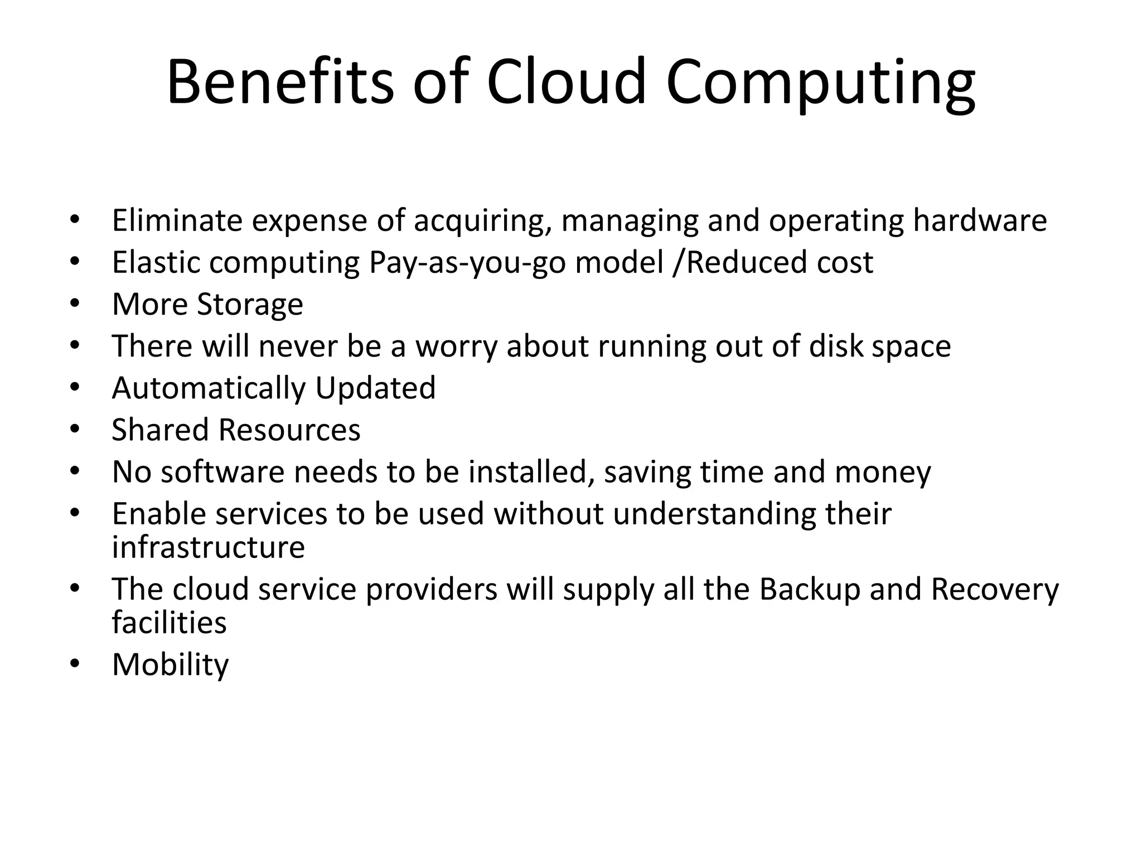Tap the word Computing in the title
[820, 84]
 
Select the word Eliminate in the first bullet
[177, 220]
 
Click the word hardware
[980, 220]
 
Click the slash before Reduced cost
[678, 263]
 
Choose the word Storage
[250, 305]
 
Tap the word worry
[456, 346]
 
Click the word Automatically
[209, 388]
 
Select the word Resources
[289, 430]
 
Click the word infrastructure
[208, 547]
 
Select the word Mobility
[170, 665]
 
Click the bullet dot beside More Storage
[75, 304]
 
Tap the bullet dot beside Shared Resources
[75, 430]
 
